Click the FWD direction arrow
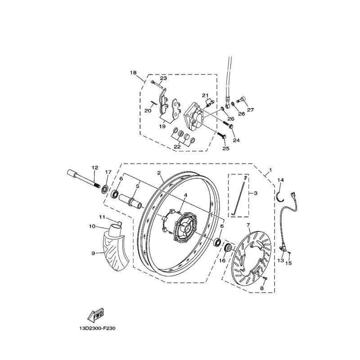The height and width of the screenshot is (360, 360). pos(95,315)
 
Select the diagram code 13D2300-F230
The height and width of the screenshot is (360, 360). pos(97,328)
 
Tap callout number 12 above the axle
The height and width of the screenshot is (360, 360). pos(95,167)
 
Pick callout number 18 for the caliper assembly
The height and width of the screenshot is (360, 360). pos(133,72)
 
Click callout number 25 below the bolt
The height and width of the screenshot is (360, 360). pos(226,148)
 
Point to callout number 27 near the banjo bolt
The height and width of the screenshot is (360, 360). pos(251,110)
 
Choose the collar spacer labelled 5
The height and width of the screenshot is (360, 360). pos(130,201)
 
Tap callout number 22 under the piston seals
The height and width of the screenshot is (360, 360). pos(177,147)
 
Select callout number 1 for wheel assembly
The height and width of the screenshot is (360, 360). pos(270,170)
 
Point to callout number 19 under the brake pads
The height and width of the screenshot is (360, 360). pos(162,126)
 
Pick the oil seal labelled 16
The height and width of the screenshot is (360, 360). pos(228,248)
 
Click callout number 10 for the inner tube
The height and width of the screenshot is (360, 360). pos(92,226)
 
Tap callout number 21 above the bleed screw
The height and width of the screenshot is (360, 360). pos(205,95)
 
